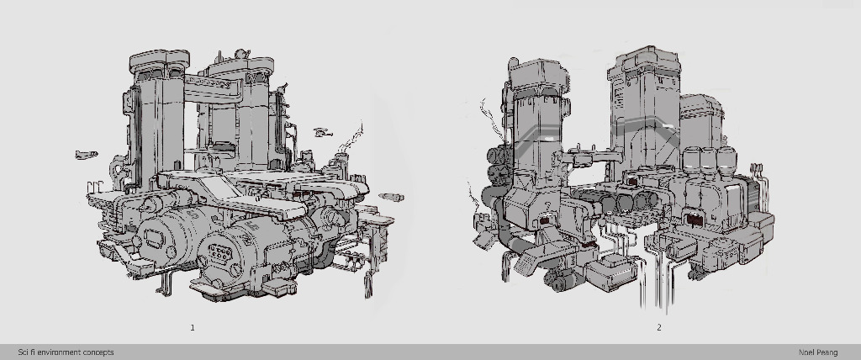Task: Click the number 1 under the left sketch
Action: pyautogui.click(x=193, y=327)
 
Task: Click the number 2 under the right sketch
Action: pyautogui.click(x=659, y=327)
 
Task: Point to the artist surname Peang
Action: pyautogui.click(x=827, y=353)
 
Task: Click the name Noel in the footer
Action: pyautogui.click(x=806, y=352)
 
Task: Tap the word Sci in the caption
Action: pyautogui.click(x=24, y=352)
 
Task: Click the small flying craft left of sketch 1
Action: pyautogui.click(x=87, y=155)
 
